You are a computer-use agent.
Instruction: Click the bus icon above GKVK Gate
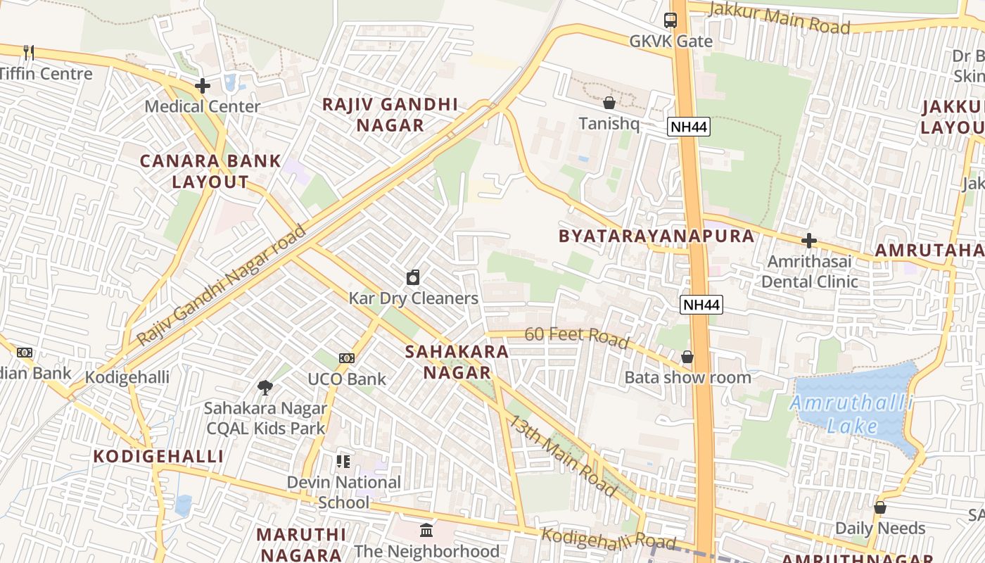coord(671,20)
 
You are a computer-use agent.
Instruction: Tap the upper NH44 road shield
coord(688,127)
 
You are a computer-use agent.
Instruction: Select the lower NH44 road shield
coord(701,305)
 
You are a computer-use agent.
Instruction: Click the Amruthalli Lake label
coord(851,415)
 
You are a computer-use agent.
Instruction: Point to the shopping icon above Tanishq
coord(609,103)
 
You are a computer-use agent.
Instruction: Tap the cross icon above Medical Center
coord(203,86)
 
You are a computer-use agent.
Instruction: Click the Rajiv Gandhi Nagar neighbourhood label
coord(390,115)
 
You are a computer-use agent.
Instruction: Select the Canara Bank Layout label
coord(210,171)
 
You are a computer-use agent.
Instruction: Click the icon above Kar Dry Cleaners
coord(413,277)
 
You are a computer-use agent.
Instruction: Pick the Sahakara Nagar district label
coord(457,362)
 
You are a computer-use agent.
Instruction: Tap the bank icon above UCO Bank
coord(346,358)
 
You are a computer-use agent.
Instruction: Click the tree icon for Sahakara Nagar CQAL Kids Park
coord(265,387)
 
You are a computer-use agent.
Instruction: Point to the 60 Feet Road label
coord(576,337)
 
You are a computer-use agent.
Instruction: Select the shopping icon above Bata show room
coord(687,358)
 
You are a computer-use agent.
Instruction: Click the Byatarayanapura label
coord(656,236)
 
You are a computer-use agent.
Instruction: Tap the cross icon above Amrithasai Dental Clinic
coord(809,241)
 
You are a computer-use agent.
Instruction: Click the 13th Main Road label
coord(563,456)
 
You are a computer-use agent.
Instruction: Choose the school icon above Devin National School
coord(343,462)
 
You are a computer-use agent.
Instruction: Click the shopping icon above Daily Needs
coord(879,507)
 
